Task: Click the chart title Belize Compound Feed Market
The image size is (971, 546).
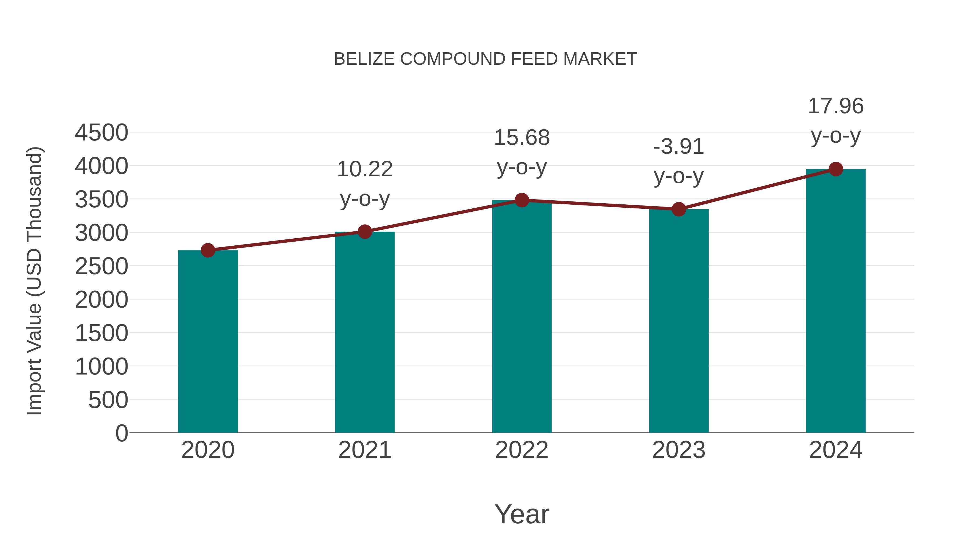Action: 485,59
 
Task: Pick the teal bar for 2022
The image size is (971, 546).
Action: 522,317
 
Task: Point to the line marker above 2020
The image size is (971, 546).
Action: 208,250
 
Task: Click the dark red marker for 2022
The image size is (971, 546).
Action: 522,200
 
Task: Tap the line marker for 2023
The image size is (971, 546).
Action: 679,209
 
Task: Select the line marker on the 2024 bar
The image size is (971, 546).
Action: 836,169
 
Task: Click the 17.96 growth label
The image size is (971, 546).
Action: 836,106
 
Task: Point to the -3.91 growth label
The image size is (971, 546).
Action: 679,147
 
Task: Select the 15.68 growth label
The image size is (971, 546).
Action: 522,138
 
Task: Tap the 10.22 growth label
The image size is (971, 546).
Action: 364,169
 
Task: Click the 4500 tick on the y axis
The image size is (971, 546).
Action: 101,133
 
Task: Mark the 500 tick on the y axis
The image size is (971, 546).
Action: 108,400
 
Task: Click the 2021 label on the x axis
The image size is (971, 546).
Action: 364,450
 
